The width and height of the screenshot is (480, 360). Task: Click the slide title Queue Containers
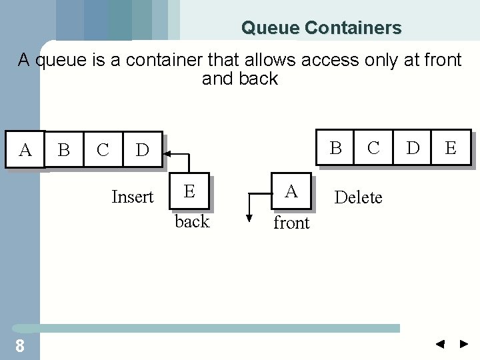[321, 28]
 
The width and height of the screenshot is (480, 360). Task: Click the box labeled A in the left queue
[25, 149]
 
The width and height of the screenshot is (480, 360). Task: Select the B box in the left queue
[64, 149]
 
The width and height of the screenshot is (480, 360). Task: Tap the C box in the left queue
[103, 149]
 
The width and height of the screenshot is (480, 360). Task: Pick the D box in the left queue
[142, 149]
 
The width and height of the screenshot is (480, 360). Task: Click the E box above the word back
[189, 191]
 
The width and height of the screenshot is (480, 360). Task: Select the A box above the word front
[291, 192]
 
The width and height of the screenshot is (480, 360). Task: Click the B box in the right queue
[336, 147]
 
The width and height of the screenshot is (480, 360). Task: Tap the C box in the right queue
[373, 147]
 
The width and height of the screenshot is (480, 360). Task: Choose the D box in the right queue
[413, 147]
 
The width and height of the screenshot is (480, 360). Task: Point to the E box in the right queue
[451, 147]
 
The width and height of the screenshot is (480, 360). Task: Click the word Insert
[133, 197]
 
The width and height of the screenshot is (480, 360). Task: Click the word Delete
[358, 197]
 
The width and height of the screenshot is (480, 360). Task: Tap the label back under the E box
[192, 221]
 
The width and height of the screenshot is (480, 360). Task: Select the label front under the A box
[291, 223]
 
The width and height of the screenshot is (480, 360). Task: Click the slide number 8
[20, 345]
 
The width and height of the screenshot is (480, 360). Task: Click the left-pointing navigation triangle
[440, 345]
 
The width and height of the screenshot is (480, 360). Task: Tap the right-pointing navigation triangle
[464, 345]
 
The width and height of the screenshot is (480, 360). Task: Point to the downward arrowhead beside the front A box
[249, 217]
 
